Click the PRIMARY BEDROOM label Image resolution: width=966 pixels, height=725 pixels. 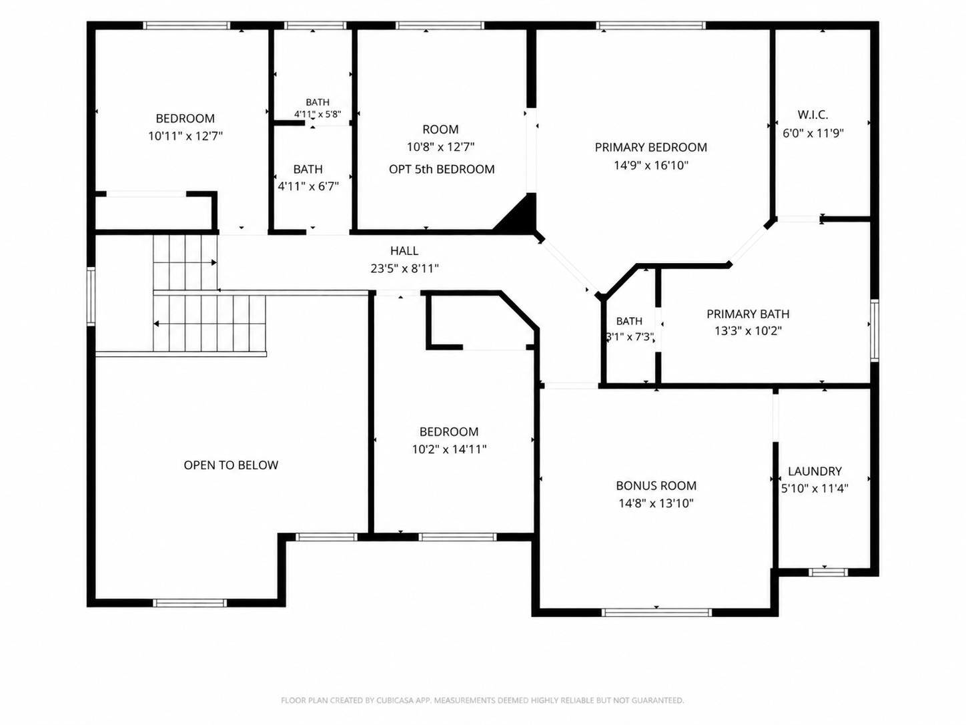651,148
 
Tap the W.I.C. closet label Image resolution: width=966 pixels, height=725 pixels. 813,115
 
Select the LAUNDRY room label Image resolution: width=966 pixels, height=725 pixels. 815,471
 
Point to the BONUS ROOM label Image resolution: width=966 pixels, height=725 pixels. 656,485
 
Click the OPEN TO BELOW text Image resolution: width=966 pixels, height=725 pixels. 231,465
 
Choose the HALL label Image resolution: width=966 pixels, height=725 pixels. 404,251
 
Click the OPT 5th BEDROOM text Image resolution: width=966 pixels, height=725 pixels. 442,169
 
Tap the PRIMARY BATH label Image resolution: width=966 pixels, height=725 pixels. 748,314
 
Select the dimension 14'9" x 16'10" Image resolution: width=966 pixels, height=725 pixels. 651,166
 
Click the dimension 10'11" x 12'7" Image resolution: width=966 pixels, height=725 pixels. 185,136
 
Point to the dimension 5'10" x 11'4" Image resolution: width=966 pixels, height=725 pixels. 815,489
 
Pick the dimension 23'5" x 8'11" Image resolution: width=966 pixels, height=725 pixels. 405,268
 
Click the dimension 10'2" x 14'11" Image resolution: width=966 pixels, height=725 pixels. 450,449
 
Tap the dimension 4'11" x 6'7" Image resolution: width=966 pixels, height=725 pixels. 308,187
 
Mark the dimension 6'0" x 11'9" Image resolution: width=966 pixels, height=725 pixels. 813,133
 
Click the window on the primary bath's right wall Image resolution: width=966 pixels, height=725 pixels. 875,330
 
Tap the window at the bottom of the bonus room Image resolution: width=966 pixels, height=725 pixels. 656,612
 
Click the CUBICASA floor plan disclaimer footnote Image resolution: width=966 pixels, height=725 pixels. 482,700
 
